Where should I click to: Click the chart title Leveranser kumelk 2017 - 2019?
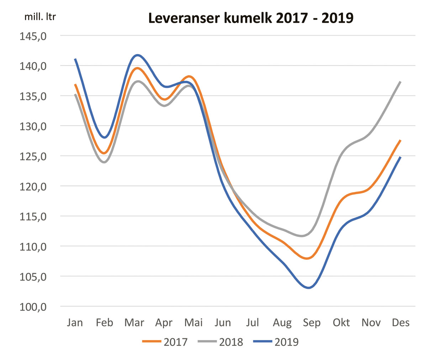click(x=251, y=18)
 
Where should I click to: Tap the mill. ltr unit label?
click(x=40, y=17)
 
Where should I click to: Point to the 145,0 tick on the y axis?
click(x=33, y=36)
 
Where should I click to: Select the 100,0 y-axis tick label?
click(x=33, y=307)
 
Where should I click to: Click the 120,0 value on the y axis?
click(x=33, y=186)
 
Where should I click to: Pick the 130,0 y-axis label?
click(x=33, y=126)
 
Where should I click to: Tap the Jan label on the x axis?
click(x=75, y=323)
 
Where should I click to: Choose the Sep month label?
click(x=311, y=323)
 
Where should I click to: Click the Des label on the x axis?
click(x=401, y=323)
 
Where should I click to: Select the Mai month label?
click(x=194, y=323)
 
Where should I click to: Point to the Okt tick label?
click(x=341, y=323)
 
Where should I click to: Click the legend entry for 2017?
click(x=165, y=342)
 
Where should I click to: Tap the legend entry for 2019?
click(x=276, y=342)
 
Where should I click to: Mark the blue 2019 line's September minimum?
click(x=308, y=288)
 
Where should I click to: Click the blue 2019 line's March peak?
click(x=137, y=55)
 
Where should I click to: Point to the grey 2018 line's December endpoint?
click(x=401, y=82)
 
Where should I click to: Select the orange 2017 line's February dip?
click(x=104, y=153)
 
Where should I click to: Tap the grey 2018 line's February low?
click(x=104, y=162)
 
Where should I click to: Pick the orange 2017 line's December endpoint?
click(x=401, y=140)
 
